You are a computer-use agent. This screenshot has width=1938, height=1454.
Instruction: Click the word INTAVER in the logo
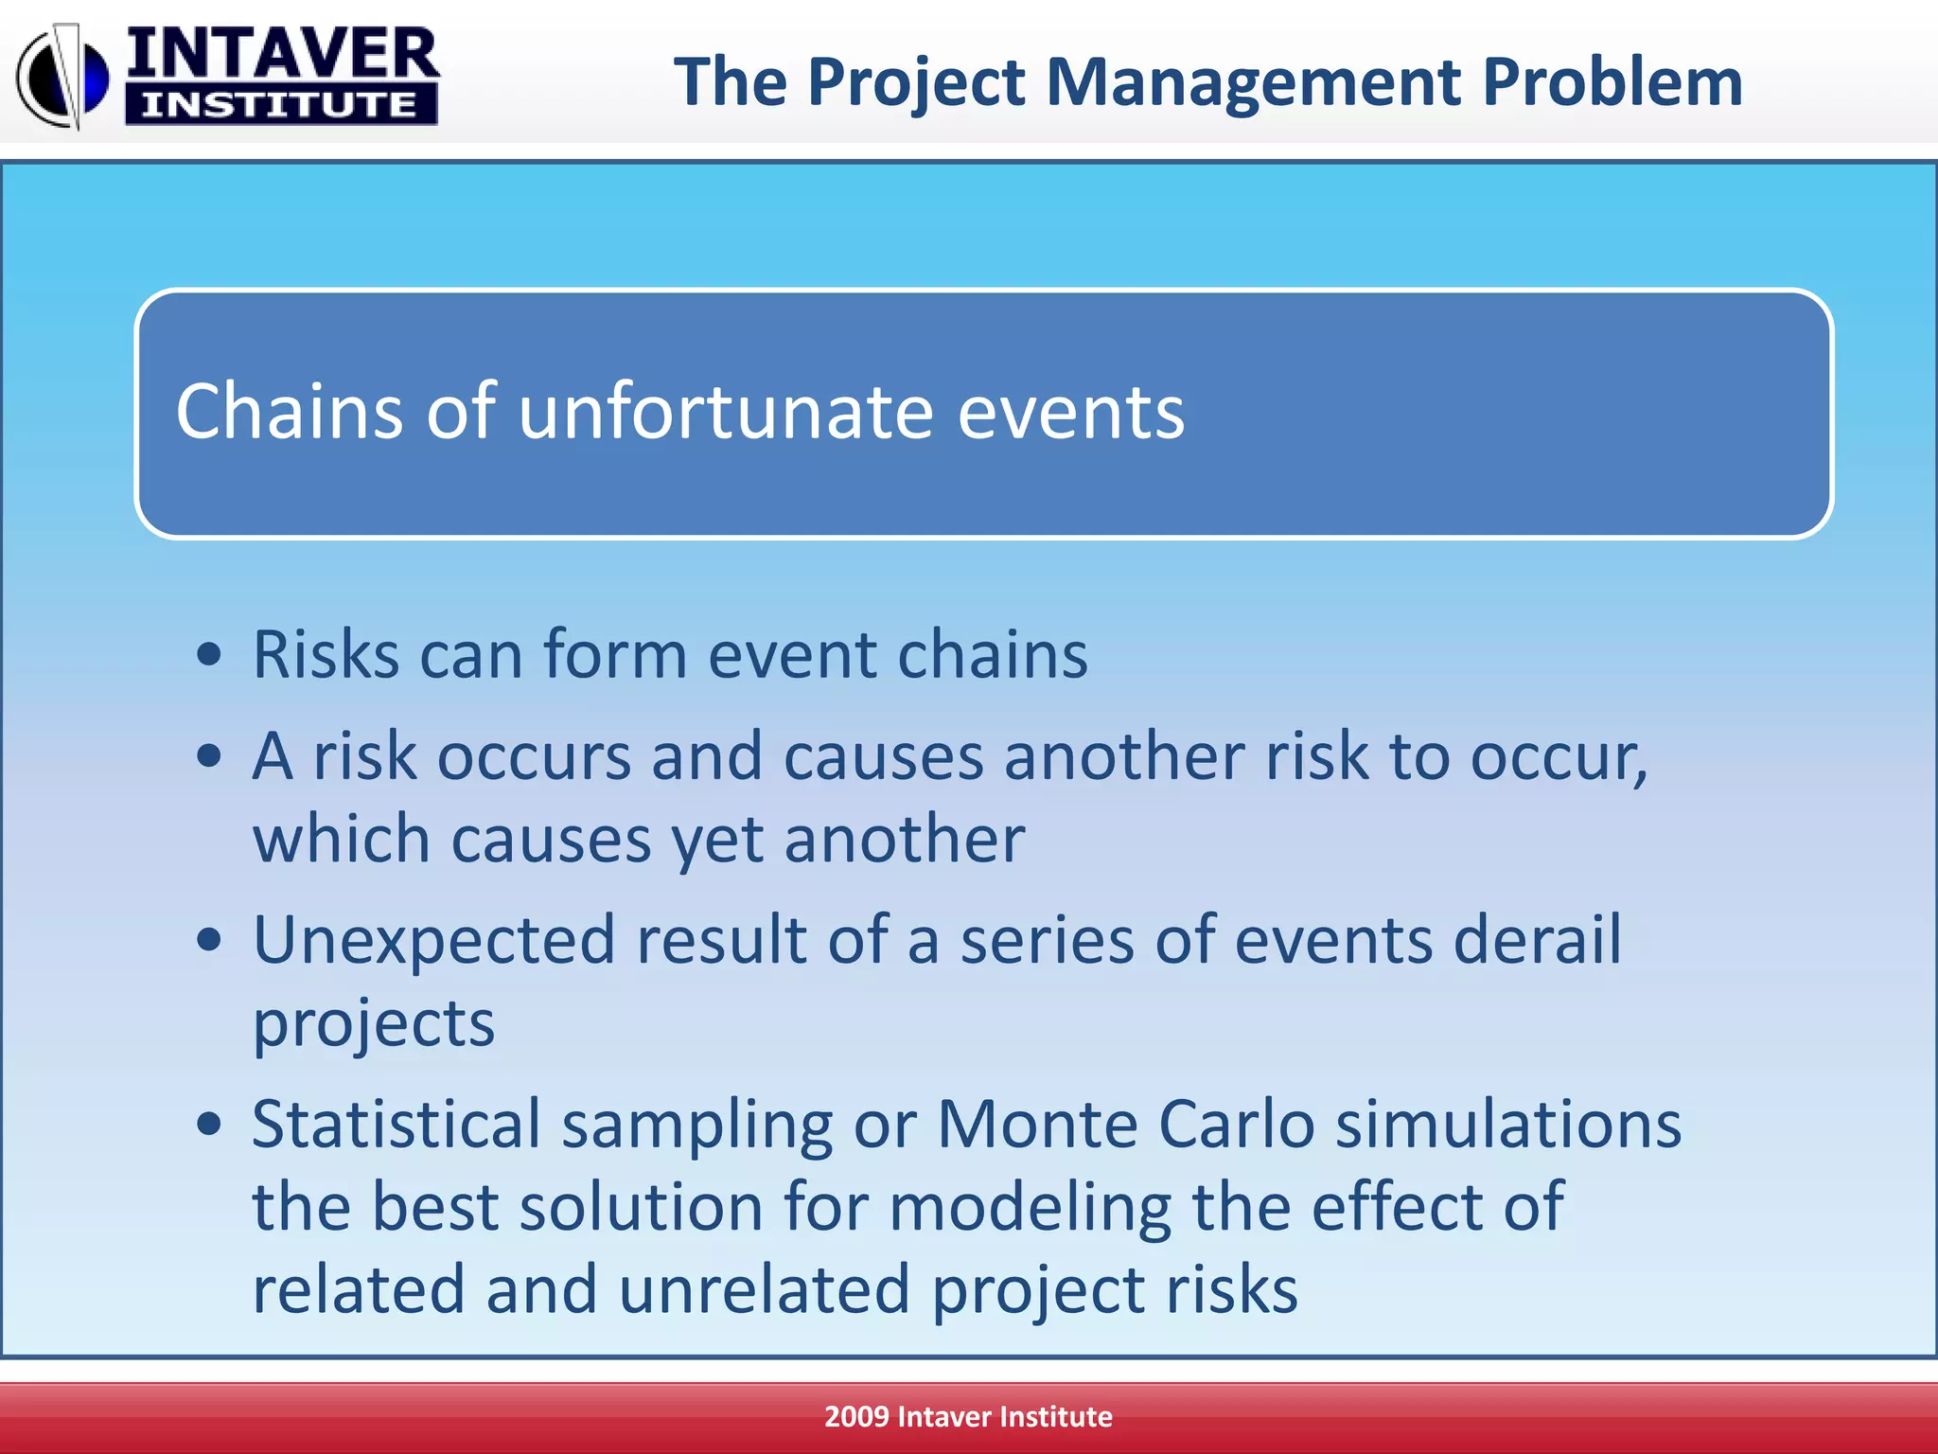tap(282, 54)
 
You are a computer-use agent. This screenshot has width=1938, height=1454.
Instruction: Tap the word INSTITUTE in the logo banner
tap(280, 104)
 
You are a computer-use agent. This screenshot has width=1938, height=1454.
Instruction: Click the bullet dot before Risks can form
tap(209, 654)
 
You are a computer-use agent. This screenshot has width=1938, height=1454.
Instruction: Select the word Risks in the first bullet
tap(326, 654)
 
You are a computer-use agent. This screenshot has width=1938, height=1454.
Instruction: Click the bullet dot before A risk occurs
tap(209, 756)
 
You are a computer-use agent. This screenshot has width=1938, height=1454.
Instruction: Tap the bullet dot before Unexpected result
tap(209, 940)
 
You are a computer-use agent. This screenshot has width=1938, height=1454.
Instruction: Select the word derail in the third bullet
tap(1537, 940)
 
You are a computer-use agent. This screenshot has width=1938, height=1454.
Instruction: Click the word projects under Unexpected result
tap(374, 1025)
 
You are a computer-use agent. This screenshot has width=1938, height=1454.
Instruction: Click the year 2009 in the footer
tap(855, 1417)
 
